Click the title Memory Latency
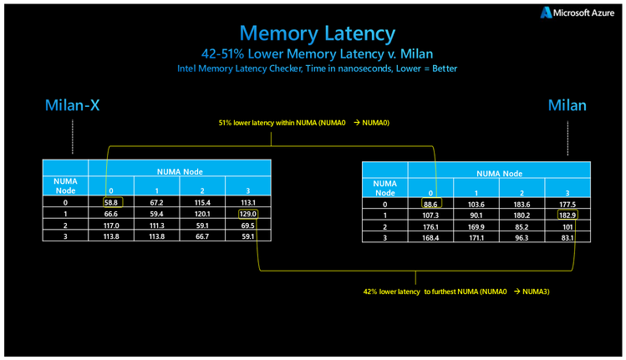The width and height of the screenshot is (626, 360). (x=317, y=33)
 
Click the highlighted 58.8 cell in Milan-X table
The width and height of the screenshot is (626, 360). (x=112, y=201)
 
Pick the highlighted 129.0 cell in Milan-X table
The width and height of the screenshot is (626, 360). (x=248, y=213)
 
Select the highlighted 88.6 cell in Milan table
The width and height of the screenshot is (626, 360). (x=431, y=204)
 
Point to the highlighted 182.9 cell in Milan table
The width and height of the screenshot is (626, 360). (x=567, y=215)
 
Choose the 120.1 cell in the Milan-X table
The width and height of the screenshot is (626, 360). (x=202, y=213)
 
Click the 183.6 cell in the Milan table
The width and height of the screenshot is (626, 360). (x=522, y=204)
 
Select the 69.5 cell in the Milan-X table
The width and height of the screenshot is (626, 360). (x=248, y=225)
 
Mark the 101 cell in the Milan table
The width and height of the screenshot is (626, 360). (x=567, y=226)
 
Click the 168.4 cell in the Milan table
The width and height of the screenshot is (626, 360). (x=431, y=238)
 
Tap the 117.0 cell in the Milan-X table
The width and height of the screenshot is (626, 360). (x=112, y=225)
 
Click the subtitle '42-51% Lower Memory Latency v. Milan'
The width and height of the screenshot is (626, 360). (x=317, y=53)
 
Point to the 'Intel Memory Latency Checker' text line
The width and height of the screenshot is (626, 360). (x=317, y=68)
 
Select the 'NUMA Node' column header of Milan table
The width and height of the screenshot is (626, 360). (x=499, y=173)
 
